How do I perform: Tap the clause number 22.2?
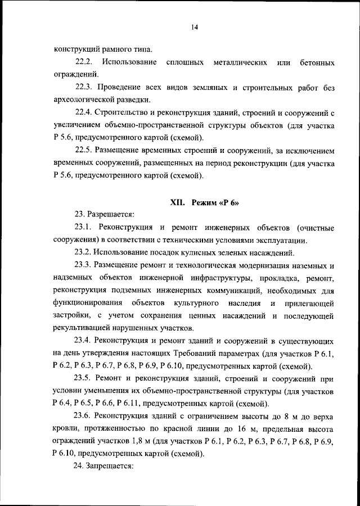point(86,61)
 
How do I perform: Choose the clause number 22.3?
point(86,88)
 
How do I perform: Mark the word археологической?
point(86,101)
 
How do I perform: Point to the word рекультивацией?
point(82,328)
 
